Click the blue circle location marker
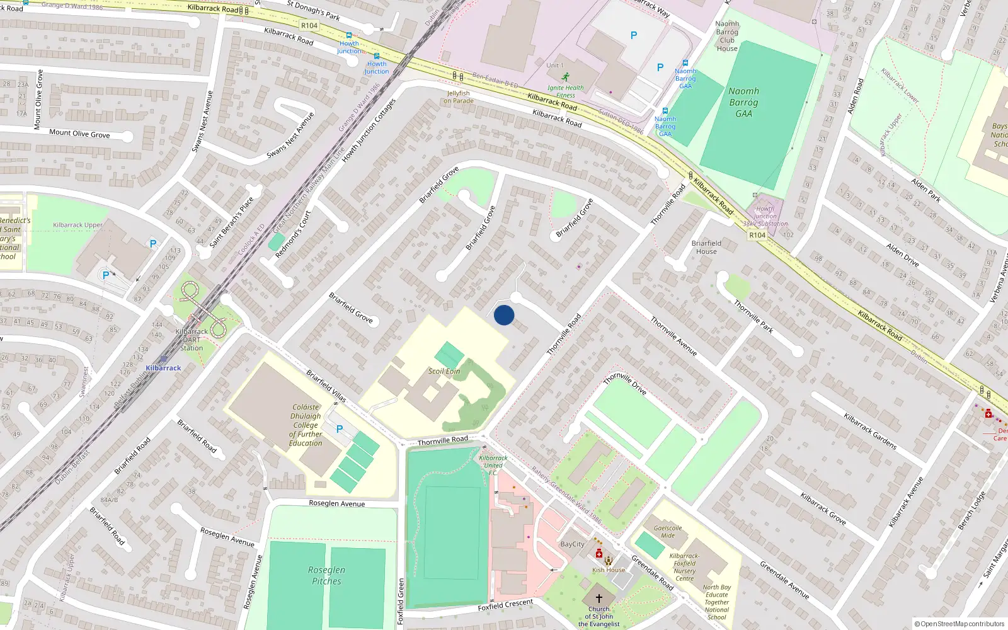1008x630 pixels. coord(504,315)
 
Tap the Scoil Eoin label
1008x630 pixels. coord(444,371)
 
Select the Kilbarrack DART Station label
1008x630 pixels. coord(192,340)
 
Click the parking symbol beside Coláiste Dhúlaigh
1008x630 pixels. coord(340,429)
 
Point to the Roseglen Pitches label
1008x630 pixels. coord(326,575)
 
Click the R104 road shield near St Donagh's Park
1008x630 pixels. coord(309,26)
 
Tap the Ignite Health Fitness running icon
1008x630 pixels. coord(565,76)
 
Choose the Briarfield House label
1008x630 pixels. coord(706,247)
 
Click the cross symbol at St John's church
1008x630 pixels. coord(598,598)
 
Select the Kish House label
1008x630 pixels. coord(608,570)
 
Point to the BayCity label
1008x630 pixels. coord(572,544)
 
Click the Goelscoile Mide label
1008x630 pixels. coord(668,532)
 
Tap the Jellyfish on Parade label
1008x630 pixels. coord(458,97)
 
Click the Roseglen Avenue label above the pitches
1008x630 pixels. coord(336,503)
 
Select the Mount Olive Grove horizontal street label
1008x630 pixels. coord(79,134)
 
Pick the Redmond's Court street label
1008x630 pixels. coord(293,234)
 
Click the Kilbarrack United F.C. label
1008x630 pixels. coord(493,465)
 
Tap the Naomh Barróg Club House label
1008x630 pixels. coord(727,36)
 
